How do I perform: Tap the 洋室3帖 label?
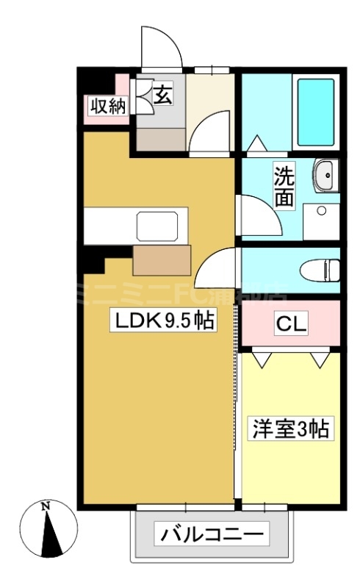(291, 427)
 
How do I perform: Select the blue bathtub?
(315, 112)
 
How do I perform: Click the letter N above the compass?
(46, 506)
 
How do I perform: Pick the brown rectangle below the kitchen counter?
(162, 259)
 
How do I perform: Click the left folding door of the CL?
(262, 359)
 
